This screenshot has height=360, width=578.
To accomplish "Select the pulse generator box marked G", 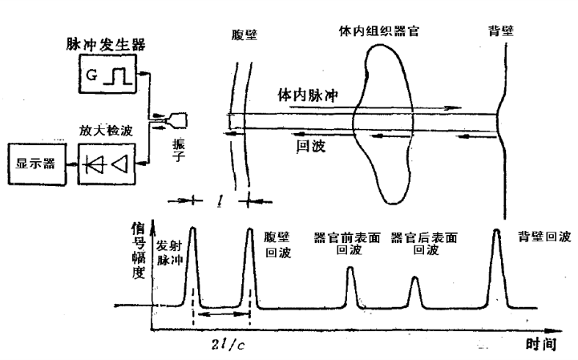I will pyautogui.click(x=107, y=79).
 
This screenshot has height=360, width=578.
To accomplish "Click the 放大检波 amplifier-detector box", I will pyautogui.click(x=107, y=163).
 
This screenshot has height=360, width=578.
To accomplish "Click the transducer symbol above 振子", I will pyautogui.click(x=180, y=120).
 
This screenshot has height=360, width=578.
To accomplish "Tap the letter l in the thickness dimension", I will pyautogui.click(x=220, y=197).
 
